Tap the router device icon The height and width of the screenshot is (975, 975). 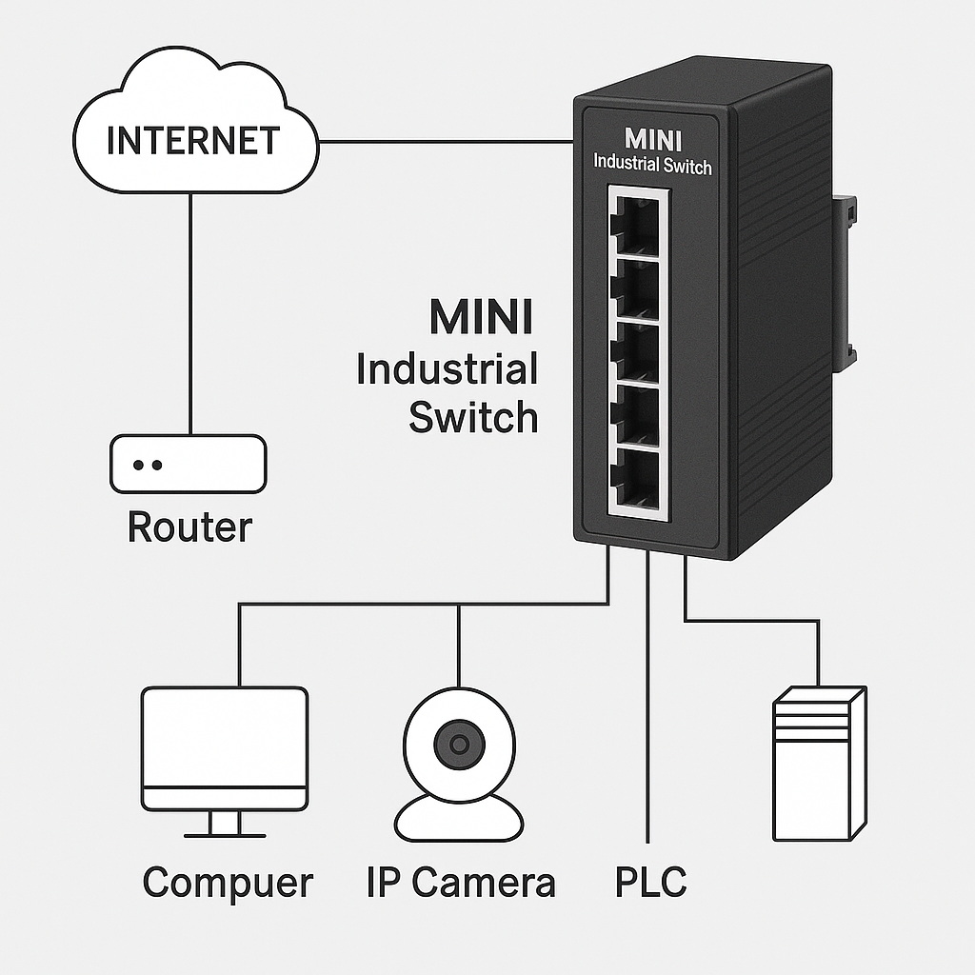[188, 465]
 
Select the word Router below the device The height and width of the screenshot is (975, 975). [189, 527]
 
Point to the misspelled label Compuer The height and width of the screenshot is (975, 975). [228, 883]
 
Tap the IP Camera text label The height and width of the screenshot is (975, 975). [461, 883]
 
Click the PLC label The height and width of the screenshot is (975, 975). [650, 883]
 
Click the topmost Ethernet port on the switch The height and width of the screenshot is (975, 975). [637, 224]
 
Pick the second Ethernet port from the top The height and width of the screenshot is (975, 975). [637, 289]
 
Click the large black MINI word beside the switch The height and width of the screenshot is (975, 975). [481, 318]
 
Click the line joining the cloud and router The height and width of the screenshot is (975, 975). [190, 314]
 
